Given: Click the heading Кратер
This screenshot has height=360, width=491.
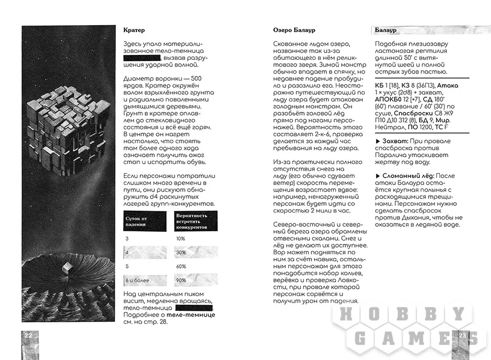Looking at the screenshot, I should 134,30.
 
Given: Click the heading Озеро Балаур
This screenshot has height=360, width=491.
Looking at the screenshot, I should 294,30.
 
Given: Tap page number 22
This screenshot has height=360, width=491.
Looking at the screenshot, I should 28,335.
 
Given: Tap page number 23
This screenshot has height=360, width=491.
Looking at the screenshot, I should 462,335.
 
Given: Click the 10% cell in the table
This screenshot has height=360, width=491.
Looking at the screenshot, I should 181,238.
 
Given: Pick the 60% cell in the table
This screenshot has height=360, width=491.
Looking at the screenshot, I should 181,266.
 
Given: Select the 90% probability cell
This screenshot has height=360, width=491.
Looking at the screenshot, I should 181,280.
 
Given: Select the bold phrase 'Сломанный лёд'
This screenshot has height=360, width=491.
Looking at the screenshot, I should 403,176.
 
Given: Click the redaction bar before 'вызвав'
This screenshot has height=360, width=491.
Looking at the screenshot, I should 142,59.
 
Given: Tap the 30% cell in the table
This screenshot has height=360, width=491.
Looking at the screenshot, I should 181,252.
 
